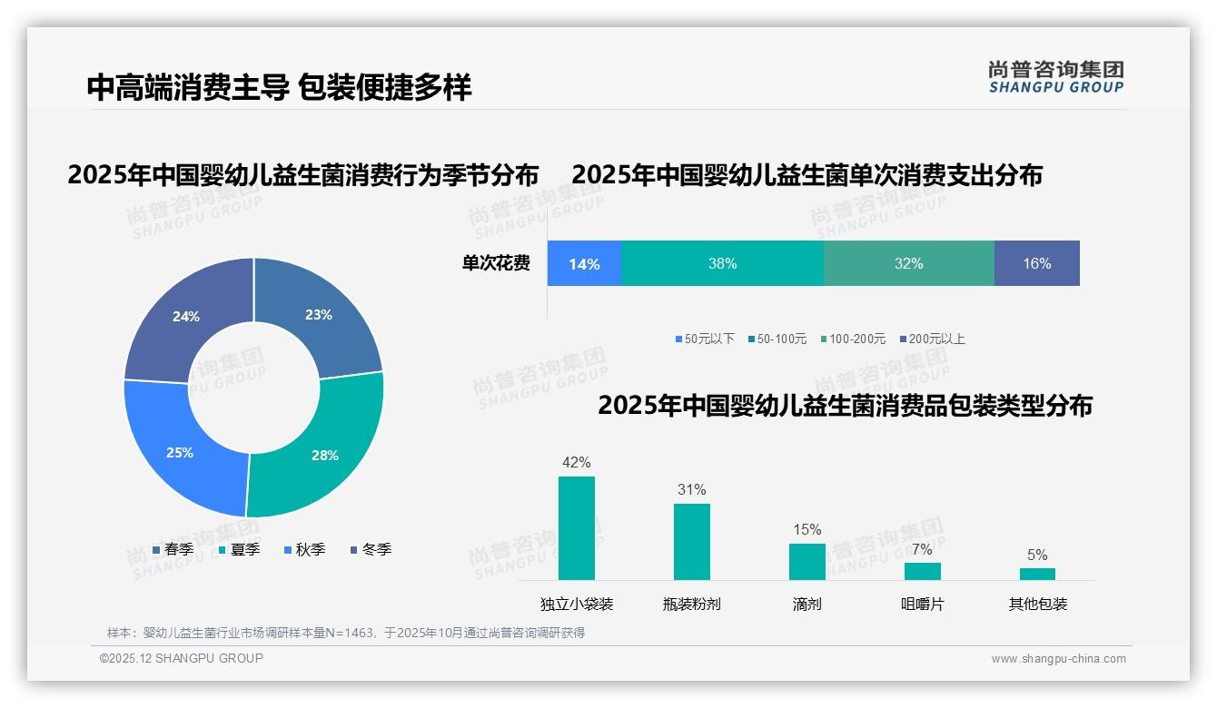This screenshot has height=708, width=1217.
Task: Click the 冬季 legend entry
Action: [371, 549]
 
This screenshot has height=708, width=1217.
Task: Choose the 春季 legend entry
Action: [173, 549]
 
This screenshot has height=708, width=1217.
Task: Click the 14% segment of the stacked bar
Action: [584, 264]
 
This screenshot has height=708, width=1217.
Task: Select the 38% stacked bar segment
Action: [722, 264]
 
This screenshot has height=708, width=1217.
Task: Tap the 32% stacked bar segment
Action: [908, 264]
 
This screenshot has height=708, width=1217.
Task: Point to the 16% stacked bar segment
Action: [1036, 264]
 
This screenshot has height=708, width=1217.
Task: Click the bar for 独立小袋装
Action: [577, 528]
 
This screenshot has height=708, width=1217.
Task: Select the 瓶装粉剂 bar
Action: [692, 542]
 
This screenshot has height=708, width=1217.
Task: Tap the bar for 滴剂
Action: [807, 561]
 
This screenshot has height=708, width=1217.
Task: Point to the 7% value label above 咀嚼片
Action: [922, 549]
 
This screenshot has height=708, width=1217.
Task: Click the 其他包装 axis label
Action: [1038, 604]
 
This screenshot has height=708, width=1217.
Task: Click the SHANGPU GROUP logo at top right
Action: [1055, 77]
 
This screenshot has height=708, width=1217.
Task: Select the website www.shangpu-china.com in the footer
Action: [1058, 659]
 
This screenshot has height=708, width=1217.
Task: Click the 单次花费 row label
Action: [496, 264]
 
